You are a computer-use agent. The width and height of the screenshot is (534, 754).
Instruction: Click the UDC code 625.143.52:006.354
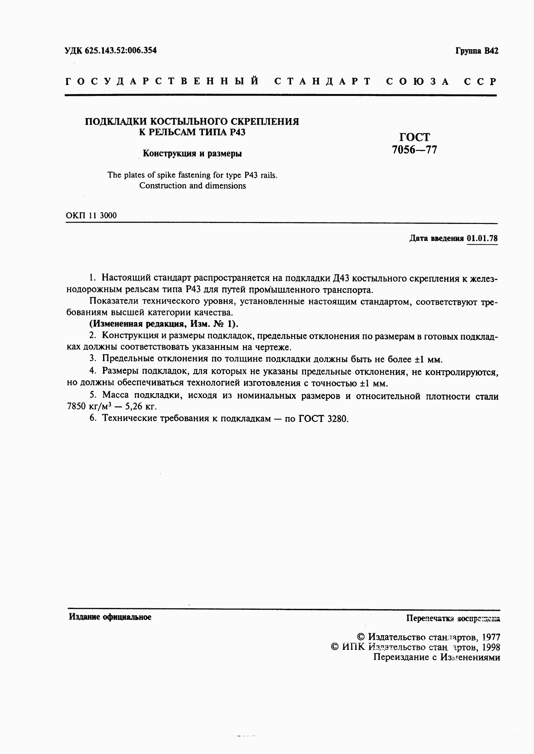(120, 50)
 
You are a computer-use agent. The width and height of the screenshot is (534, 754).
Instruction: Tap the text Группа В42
(477, 51)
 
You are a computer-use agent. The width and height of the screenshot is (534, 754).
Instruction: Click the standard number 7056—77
(414, 150)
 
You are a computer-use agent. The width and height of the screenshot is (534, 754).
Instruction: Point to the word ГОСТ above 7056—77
(414, 137)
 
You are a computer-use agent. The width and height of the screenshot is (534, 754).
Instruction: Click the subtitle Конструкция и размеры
(192, 153)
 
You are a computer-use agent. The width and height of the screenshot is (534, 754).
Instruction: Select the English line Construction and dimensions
(192, 185)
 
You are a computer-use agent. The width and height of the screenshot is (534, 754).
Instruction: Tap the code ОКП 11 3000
(91, 215)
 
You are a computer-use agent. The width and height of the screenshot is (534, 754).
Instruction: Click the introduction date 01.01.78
(482, 238)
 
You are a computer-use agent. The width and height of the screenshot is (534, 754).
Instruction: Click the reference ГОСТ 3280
(323, 419)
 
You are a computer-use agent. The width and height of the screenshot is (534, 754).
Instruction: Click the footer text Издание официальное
(110, 617)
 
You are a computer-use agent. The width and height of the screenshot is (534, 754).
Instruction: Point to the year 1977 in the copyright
(491, 637)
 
